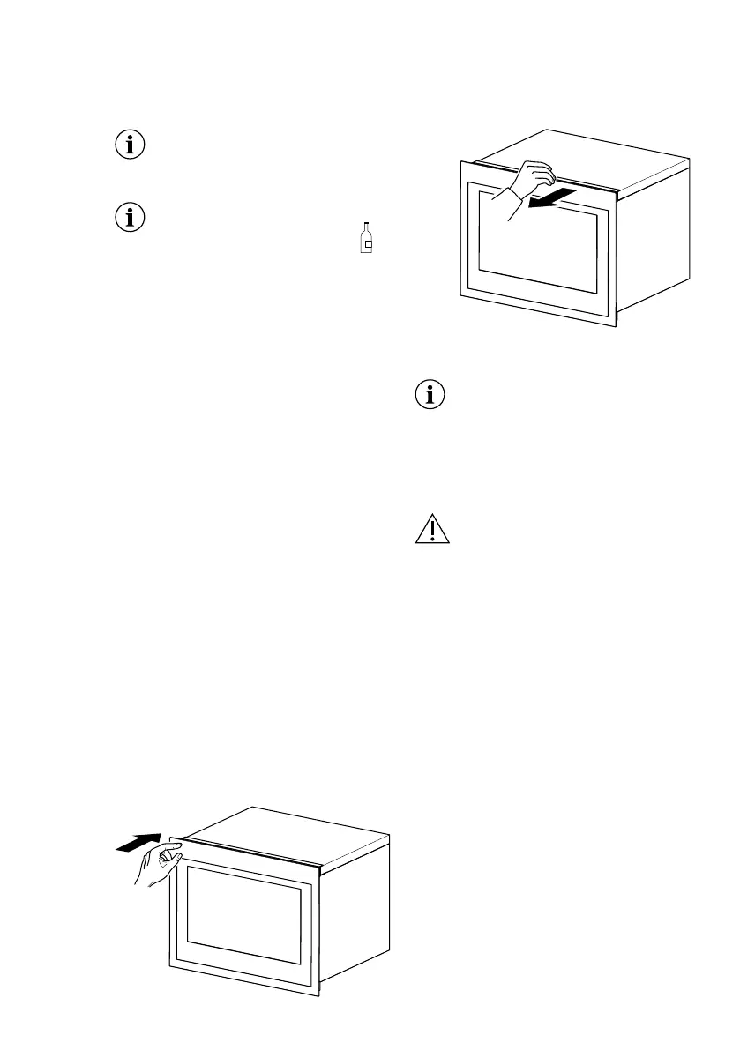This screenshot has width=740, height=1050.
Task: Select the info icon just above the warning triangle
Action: (x=430, y=397)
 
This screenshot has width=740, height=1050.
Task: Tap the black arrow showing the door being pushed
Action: (x=139, y=843)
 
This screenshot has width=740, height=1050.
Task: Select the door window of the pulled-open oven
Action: (x=536, y=242)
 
